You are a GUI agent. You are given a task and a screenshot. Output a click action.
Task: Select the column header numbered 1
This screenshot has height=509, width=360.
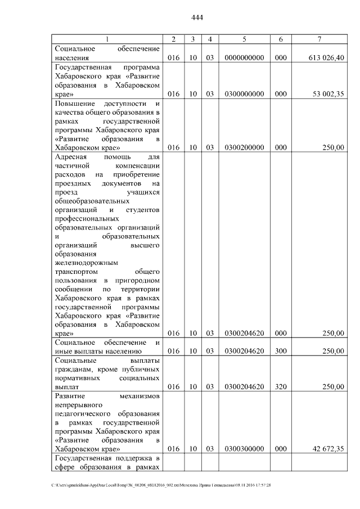point(107,39)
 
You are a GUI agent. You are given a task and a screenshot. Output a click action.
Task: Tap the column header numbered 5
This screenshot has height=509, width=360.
point(244,39)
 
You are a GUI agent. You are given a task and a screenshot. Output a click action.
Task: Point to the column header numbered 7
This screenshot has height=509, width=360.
point(319,39)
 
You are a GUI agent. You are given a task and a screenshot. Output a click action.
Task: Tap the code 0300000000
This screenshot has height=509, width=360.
point(244,94)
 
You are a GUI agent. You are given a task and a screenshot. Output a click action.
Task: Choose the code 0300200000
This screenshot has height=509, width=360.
point(244,147)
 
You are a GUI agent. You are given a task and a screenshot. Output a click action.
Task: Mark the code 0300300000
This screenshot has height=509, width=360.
point(244,449)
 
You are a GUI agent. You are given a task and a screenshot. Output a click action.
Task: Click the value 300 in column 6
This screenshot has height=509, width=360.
point(281,351)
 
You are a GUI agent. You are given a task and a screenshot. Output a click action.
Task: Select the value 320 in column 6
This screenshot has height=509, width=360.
point(281,387)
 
